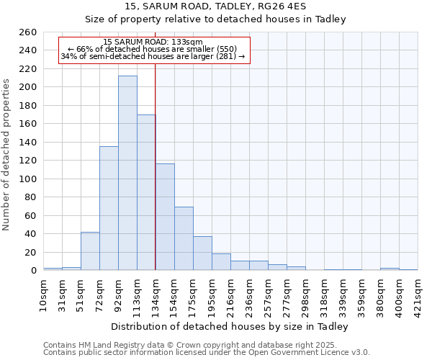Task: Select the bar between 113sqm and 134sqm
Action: (146, 192)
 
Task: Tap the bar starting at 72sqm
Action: (109, 208)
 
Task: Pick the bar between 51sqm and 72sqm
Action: (90, 251)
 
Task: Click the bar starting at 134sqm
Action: (165, 217)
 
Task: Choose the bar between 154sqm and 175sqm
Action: (184, 238)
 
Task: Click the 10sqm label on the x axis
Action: (44, 294)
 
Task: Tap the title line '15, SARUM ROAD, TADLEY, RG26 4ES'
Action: (215, 6)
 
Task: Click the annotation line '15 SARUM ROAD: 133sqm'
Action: (153, 42)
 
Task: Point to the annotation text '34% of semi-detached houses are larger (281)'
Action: (153, 56)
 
